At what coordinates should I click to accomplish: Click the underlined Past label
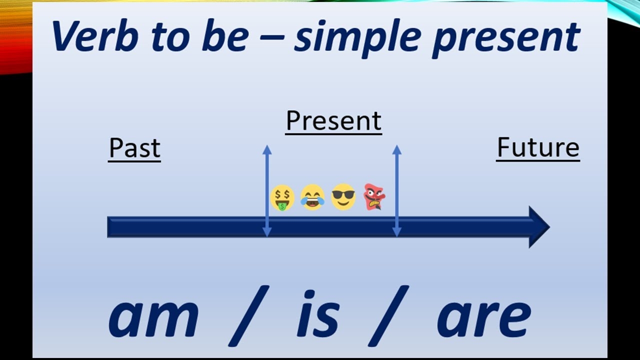pos(134,148)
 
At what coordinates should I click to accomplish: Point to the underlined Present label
pos(333,121)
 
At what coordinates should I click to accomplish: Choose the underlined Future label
pos(538,148)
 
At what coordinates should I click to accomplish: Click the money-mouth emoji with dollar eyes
pos(282,198)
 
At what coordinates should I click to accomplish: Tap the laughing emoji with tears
pos(312,197)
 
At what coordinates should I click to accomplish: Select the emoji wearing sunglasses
pos(343,197)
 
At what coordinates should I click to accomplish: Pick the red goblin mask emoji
pos(374,196)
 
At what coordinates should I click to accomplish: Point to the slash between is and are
pos(388,316)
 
